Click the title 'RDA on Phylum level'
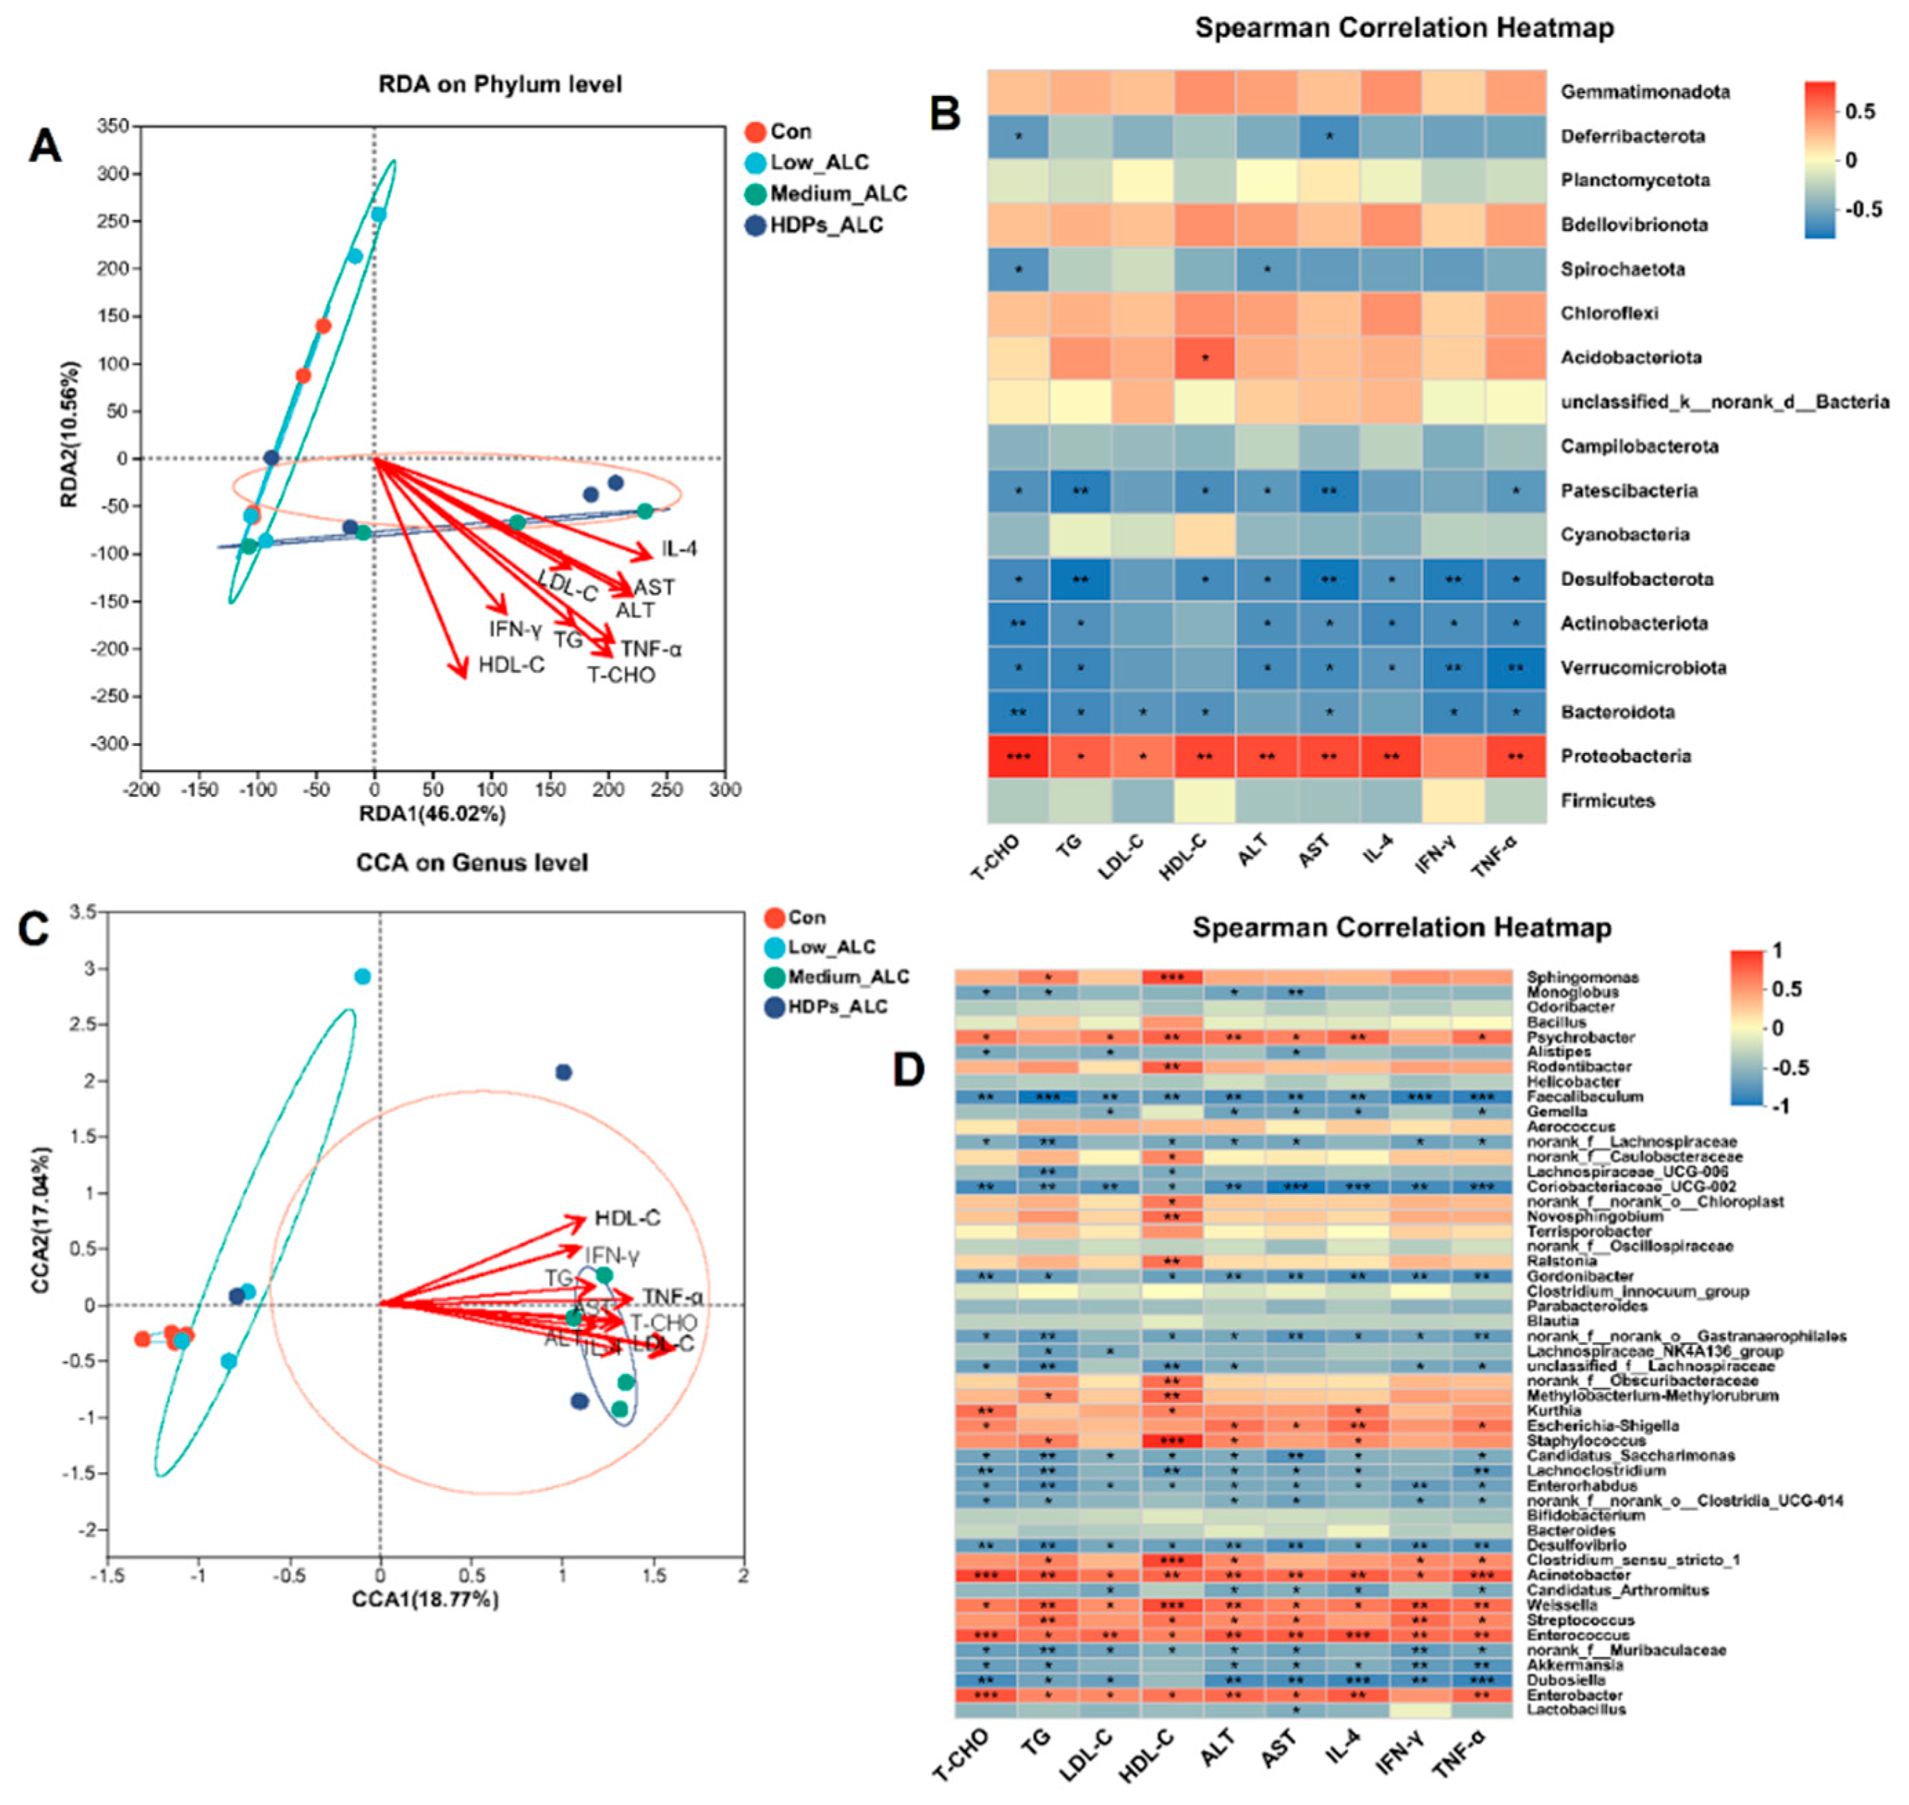coord(499,85)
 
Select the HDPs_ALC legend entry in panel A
coord(826,225)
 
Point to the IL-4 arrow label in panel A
coord(679,548)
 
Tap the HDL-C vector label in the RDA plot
coord(511,665)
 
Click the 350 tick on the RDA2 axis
coord(112,126)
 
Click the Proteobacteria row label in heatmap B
coord(1625,756)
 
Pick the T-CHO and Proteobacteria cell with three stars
coord(1018,756)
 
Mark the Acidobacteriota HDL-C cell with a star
coord(1205,358)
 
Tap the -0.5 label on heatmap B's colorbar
coord(1863,209)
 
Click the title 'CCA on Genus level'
coord(472,862)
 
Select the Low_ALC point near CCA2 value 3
coord(363,976)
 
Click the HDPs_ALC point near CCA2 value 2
coord(564,1072)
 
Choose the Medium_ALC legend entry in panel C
coord(847,976)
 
